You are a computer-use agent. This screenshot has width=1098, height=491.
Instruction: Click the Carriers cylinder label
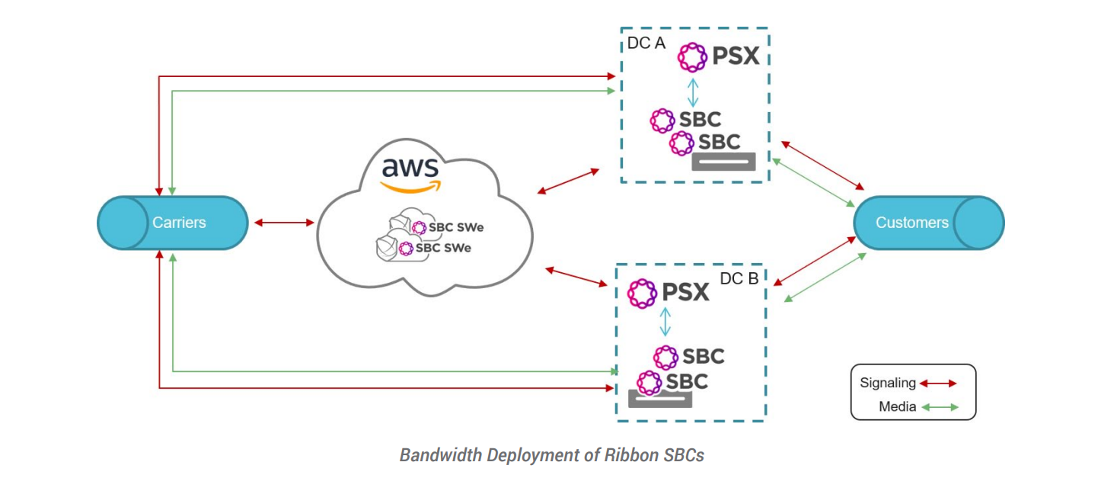point(179,223)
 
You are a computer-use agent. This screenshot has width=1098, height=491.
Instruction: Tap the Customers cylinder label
point(911,223)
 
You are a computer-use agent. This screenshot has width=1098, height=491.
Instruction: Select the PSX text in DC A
point(736,56)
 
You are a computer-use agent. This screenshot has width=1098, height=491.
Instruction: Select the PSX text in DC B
point(685,292)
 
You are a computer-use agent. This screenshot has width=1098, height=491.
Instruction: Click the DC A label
point(646,43)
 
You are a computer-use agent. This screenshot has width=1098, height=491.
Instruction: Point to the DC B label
point(739,279)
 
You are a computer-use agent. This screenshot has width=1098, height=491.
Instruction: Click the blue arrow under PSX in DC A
point(692,91)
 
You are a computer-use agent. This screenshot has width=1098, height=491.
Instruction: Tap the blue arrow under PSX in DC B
point(666,322)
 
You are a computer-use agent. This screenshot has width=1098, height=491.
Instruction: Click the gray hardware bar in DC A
point(723,162)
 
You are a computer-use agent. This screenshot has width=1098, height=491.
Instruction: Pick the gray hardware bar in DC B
point(659,399)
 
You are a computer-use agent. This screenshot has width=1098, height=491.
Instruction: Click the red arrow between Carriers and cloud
point(283,223)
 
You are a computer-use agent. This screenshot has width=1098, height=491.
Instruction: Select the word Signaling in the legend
point(887,383)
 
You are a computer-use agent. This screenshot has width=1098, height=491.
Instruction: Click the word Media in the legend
point(897,406)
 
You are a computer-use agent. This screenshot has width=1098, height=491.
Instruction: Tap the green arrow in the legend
point(940,407)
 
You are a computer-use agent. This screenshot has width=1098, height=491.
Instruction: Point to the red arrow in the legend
point(938,383)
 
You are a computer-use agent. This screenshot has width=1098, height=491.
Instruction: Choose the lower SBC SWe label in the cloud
point(443,249)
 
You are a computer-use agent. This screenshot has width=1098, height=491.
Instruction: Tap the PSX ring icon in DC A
point(693,56)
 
